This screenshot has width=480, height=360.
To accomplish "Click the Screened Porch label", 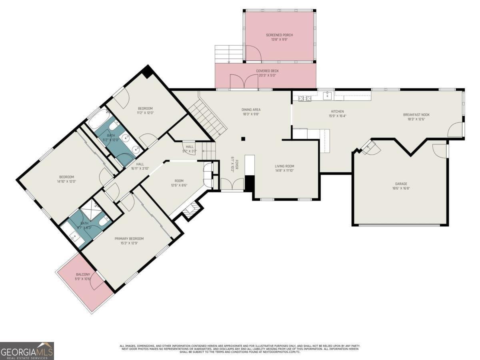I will coord(279,35).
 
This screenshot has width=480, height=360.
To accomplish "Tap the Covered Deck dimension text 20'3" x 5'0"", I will coord(268,75).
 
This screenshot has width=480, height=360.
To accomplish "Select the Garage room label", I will coord(401,184).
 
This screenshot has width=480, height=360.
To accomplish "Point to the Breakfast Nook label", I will coord(416,115).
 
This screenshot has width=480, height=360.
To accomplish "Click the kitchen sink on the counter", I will coord(328,95).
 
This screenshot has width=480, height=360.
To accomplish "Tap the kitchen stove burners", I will coord(305,98).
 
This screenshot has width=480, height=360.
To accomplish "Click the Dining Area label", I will coord(251,110).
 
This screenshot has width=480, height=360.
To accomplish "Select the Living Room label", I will coord(284,166).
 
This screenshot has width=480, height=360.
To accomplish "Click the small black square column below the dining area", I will coord(243,139).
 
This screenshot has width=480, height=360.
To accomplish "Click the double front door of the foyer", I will coord(232,185).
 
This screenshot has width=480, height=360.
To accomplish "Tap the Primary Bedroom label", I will coord(129,239).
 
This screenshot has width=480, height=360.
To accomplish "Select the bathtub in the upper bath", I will coord(98,119).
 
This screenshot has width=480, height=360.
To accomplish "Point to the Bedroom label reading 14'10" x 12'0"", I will coord(66,177).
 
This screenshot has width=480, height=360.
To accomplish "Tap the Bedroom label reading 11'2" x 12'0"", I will coord(145,108).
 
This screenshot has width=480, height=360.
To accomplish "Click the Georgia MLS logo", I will coord(27,351).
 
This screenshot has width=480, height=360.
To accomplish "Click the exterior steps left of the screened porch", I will coord(229,54).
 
